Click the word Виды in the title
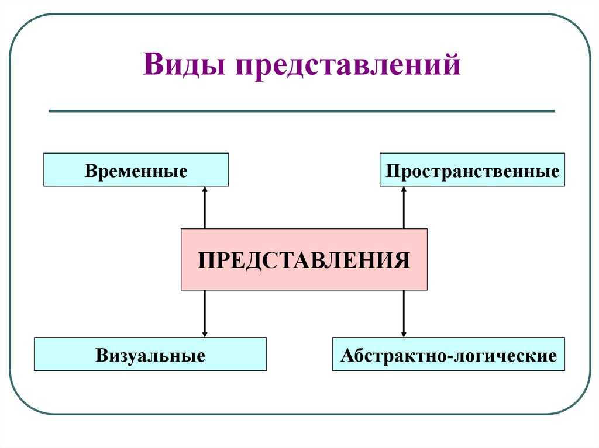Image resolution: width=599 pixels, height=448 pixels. coord(183,64)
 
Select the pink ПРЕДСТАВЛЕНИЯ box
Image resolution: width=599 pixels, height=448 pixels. coord(304,259)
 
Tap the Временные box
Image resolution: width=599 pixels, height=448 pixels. coord(136,170)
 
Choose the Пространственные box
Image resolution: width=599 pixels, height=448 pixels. coord(472,170)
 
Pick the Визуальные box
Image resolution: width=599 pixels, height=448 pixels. coord(150,354)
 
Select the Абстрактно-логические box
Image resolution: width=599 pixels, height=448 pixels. coord(449,354)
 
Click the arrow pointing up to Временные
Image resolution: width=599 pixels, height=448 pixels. coord(205,207)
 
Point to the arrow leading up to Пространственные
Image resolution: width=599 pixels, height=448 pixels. coord(404,207)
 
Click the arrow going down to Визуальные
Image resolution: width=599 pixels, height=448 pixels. coord(205,314)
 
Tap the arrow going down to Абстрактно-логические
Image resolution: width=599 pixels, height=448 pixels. coord(404,314)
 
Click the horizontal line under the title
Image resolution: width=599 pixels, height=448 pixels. coord(302,111)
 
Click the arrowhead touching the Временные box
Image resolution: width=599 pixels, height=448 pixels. coord(205,189)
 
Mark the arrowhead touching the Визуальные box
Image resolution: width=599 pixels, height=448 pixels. coord(205,335)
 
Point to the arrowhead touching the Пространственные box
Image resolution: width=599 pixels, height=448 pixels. coord(404,189)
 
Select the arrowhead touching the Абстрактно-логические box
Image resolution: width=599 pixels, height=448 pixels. coord(404,335)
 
